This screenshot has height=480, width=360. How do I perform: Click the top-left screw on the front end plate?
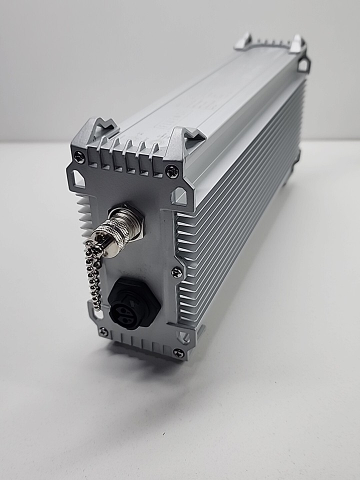[79, 156]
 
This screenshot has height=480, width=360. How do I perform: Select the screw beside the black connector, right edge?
[176, 272]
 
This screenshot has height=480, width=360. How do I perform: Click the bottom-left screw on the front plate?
[103, 330]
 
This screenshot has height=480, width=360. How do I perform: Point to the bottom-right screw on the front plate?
[178, 352]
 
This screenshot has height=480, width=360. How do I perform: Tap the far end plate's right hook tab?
[297, 44]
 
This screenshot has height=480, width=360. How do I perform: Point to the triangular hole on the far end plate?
[303, 65]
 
